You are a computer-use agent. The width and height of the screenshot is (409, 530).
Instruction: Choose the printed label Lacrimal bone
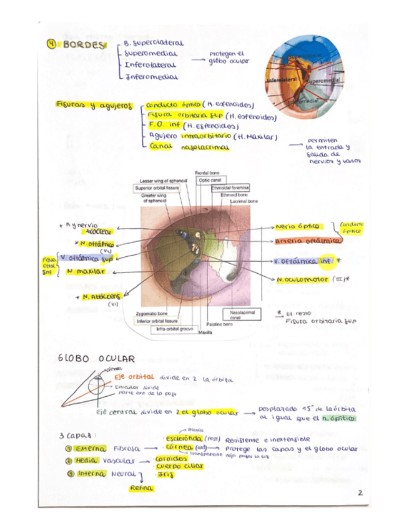[x=244, y=202]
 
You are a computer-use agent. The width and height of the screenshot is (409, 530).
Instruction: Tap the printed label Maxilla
[x=205, y=332]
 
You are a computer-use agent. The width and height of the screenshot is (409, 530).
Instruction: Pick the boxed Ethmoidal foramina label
[x=230, y=187]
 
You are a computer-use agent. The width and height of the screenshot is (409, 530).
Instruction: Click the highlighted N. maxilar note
[x=85, y=272]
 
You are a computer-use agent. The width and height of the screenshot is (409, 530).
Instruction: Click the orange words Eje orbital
[x=136, y=379]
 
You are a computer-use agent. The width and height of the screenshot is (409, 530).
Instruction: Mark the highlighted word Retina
[x=142, y=487]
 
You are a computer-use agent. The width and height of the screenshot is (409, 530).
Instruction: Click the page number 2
[x=360, y=492]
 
